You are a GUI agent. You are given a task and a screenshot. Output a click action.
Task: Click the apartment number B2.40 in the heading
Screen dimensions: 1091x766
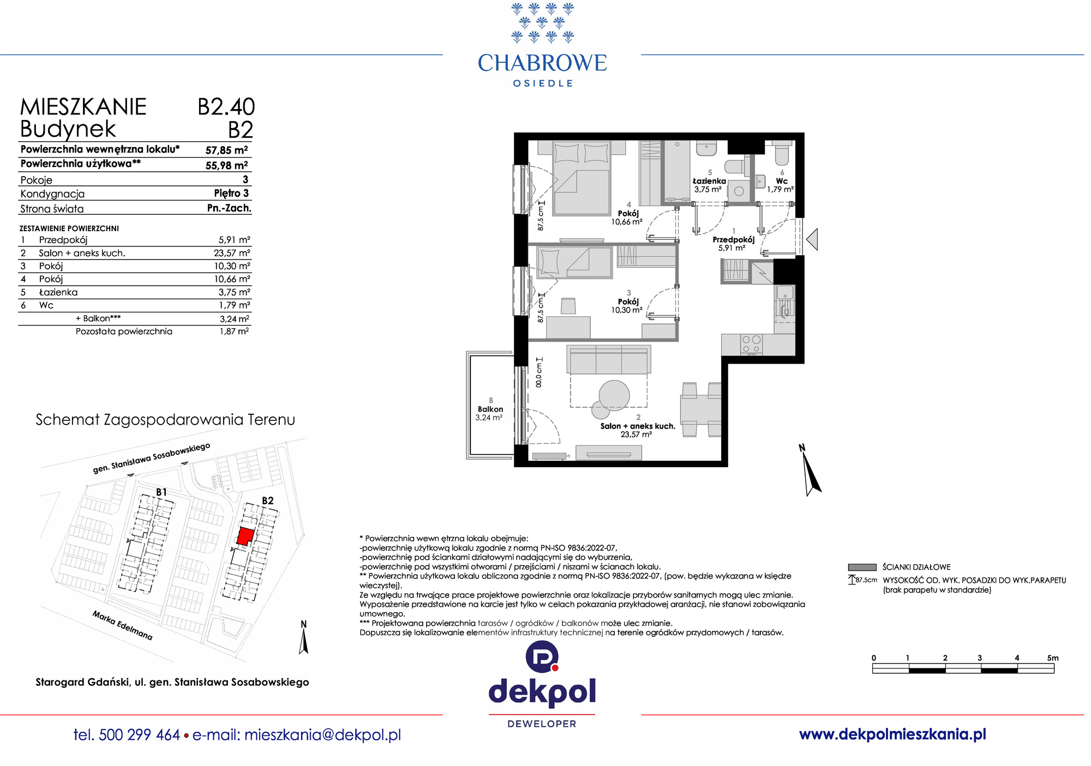point(226,107)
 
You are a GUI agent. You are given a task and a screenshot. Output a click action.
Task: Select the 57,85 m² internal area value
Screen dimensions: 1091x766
point(226,150)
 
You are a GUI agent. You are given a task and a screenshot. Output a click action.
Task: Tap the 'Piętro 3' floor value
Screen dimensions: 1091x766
point(231,194)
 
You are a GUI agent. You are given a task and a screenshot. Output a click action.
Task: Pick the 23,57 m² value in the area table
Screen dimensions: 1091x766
point(232,253)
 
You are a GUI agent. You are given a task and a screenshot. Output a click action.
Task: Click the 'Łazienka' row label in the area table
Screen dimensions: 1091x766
point(58,292)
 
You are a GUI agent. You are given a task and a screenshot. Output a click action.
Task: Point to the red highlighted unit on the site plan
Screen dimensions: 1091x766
point(246,536)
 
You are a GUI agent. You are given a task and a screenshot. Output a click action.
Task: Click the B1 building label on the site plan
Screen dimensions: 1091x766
point(161,492)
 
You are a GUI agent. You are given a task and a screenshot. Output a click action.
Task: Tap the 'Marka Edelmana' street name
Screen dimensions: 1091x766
point(122,625)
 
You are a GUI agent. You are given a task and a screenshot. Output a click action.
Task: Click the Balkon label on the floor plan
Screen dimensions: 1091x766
point(490,409)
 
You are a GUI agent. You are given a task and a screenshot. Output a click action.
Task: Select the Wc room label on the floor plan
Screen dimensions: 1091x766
point(782,181)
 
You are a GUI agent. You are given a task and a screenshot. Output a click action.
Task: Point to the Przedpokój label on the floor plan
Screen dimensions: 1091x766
point(733,239)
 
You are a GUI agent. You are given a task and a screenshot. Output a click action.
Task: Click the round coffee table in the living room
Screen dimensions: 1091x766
point(614,395)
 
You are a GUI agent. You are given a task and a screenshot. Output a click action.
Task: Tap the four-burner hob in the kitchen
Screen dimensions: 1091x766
point(751,345)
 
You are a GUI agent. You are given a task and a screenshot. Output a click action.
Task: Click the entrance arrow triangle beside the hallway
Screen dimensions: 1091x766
point(812,239)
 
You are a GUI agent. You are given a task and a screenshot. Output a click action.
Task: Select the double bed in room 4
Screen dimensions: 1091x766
point(581,178)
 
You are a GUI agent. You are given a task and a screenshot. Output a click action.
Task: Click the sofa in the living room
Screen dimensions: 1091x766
point(609,359)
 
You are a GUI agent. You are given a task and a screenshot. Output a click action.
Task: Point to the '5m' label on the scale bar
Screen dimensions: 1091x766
point(1053,658)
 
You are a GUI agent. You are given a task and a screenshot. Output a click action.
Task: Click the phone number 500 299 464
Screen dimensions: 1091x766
point(140,735)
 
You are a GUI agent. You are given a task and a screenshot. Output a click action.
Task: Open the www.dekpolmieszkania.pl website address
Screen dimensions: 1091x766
point(892,734)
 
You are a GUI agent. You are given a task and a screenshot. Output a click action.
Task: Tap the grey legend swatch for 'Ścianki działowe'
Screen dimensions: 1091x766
point(862,567)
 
